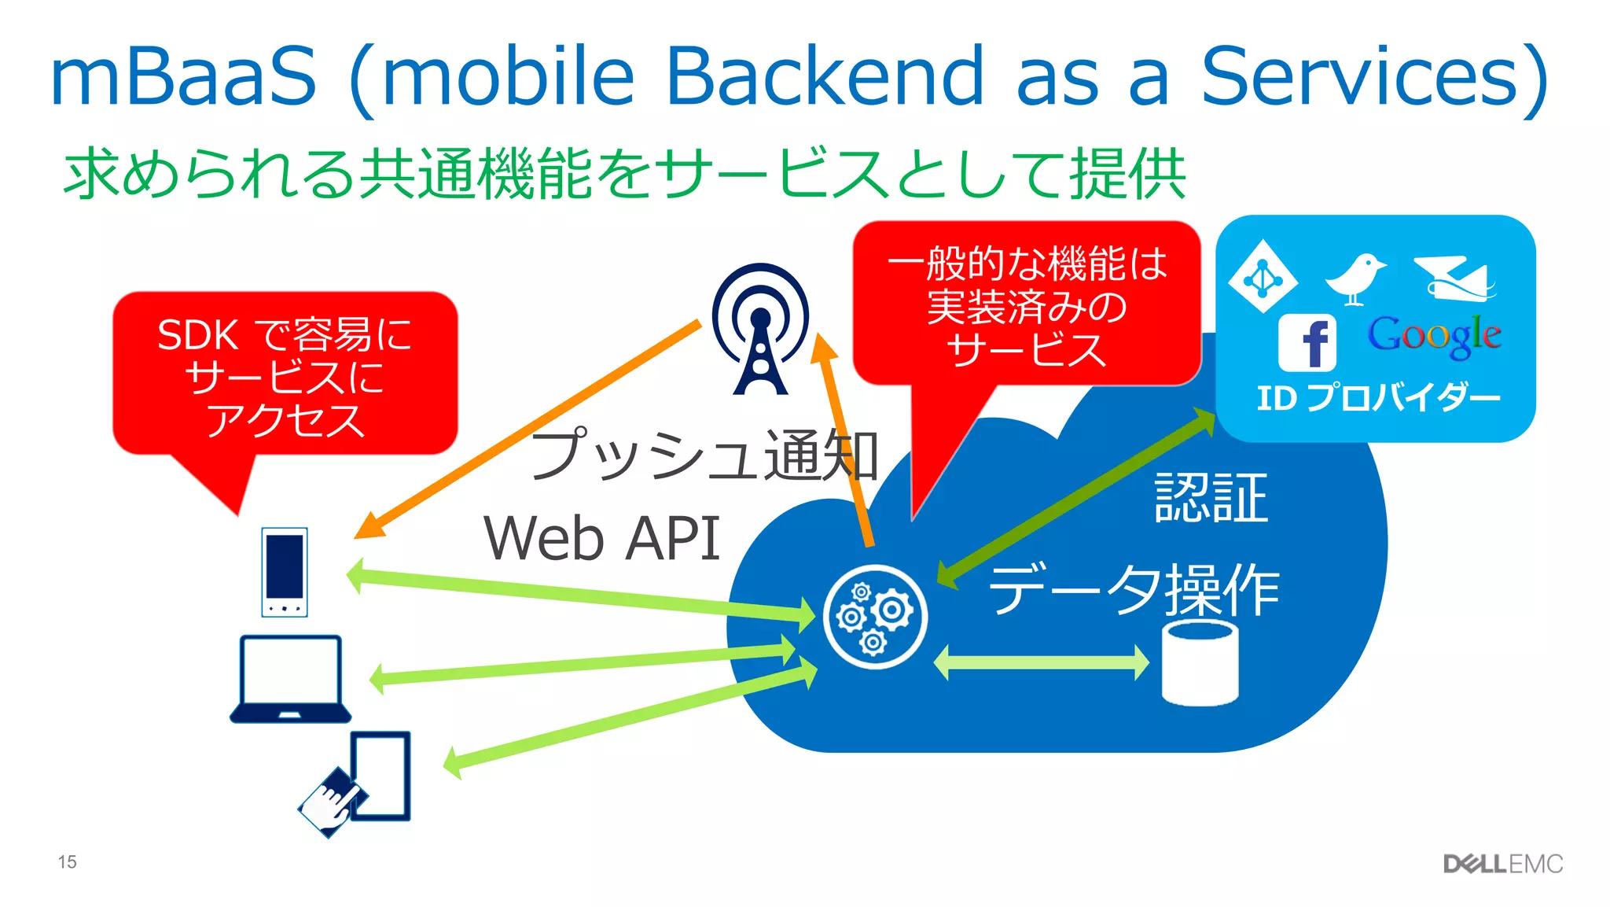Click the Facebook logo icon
tap(1307, 343)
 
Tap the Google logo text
tap(1434, 336)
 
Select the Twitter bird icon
tap(1355, 278)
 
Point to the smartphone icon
tap(285, 572)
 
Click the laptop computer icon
tap(290, 679)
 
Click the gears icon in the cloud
tap(874, 618)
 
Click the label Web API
tap(601, 539)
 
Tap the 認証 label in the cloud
tap(1211, 497)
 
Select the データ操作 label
tap(1134, 590)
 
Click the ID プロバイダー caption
tap(1378, 398)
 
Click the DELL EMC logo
tap(1502, 864)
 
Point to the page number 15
tap(67, 862)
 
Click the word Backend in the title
tap(825, 76)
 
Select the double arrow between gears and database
tap(1041, 662)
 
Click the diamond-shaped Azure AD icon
tap(1263, 276)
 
